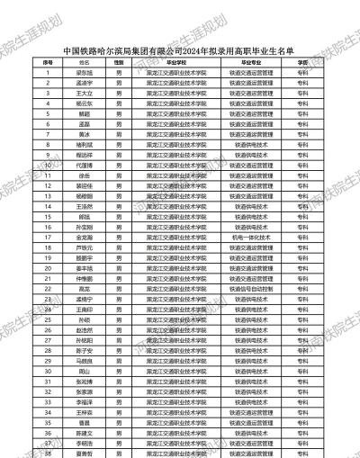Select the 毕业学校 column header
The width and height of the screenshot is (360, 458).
[176, 61]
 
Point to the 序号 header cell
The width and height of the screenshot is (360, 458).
[48, 61]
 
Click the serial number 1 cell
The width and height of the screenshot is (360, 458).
[48, 72]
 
